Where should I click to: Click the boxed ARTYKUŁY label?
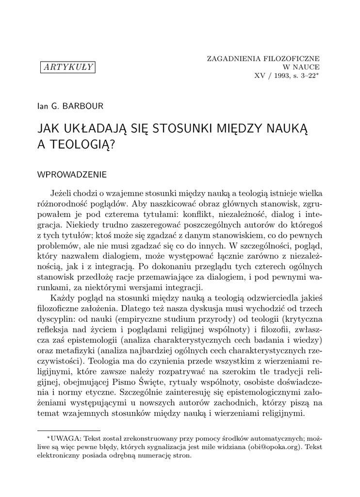67,67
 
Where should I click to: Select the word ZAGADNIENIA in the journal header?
231,58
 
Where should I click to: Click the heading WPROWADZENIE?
72,174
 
